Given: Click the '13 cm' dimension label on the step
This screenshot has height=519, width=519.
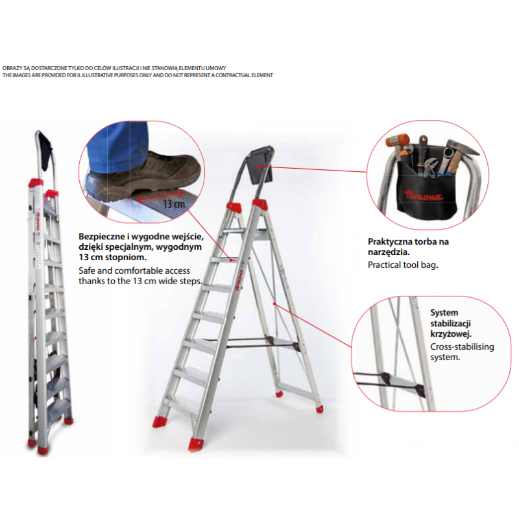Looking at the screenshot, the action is click(174, 204).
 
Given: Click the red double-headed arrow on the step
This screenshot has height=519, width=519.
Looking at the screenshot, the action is click(160, 195).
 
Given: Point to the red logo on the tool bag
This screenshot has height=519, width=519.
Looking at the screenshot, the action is click(424, 195).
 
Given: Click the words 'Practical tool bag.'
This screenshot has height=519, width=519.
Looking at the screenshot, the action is click(403, 265).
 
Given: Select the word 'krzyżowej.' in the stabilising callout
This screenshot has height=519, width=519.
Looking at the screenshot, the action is click(451, 334).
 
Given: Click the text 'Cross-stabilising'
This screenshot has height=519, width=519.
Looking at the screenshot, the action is click(462, 347).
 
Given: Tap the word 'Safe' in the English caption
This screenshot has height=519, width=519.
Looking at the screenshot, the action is click(87, 271).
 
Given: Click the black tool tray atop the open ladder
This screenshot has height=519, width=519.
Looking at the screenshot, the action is click(261, 165).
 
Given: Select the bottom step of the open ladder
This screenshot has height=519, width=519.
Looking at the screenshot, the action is click(182, 402).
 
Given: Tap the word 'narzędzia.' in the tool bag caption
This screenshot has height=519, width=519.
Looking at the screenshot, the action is click(389, 252).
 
